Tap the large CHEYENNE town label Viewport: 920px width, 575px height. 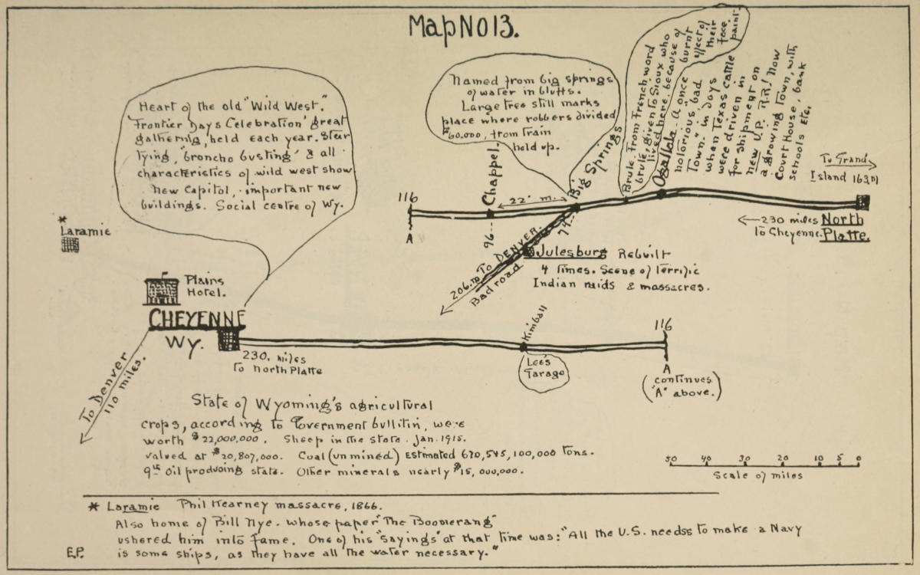(197, 320)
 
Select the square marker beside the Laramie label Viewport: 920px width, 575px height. (71, 245)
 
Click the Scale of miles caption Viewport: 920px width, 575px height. (757, 475)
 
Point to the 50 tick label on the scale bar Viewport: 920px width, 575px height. (671, 459)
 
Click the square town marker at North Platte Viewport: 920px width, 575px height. (863, 202)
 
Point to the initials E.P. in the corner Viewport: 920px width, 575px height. (75, 552)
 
